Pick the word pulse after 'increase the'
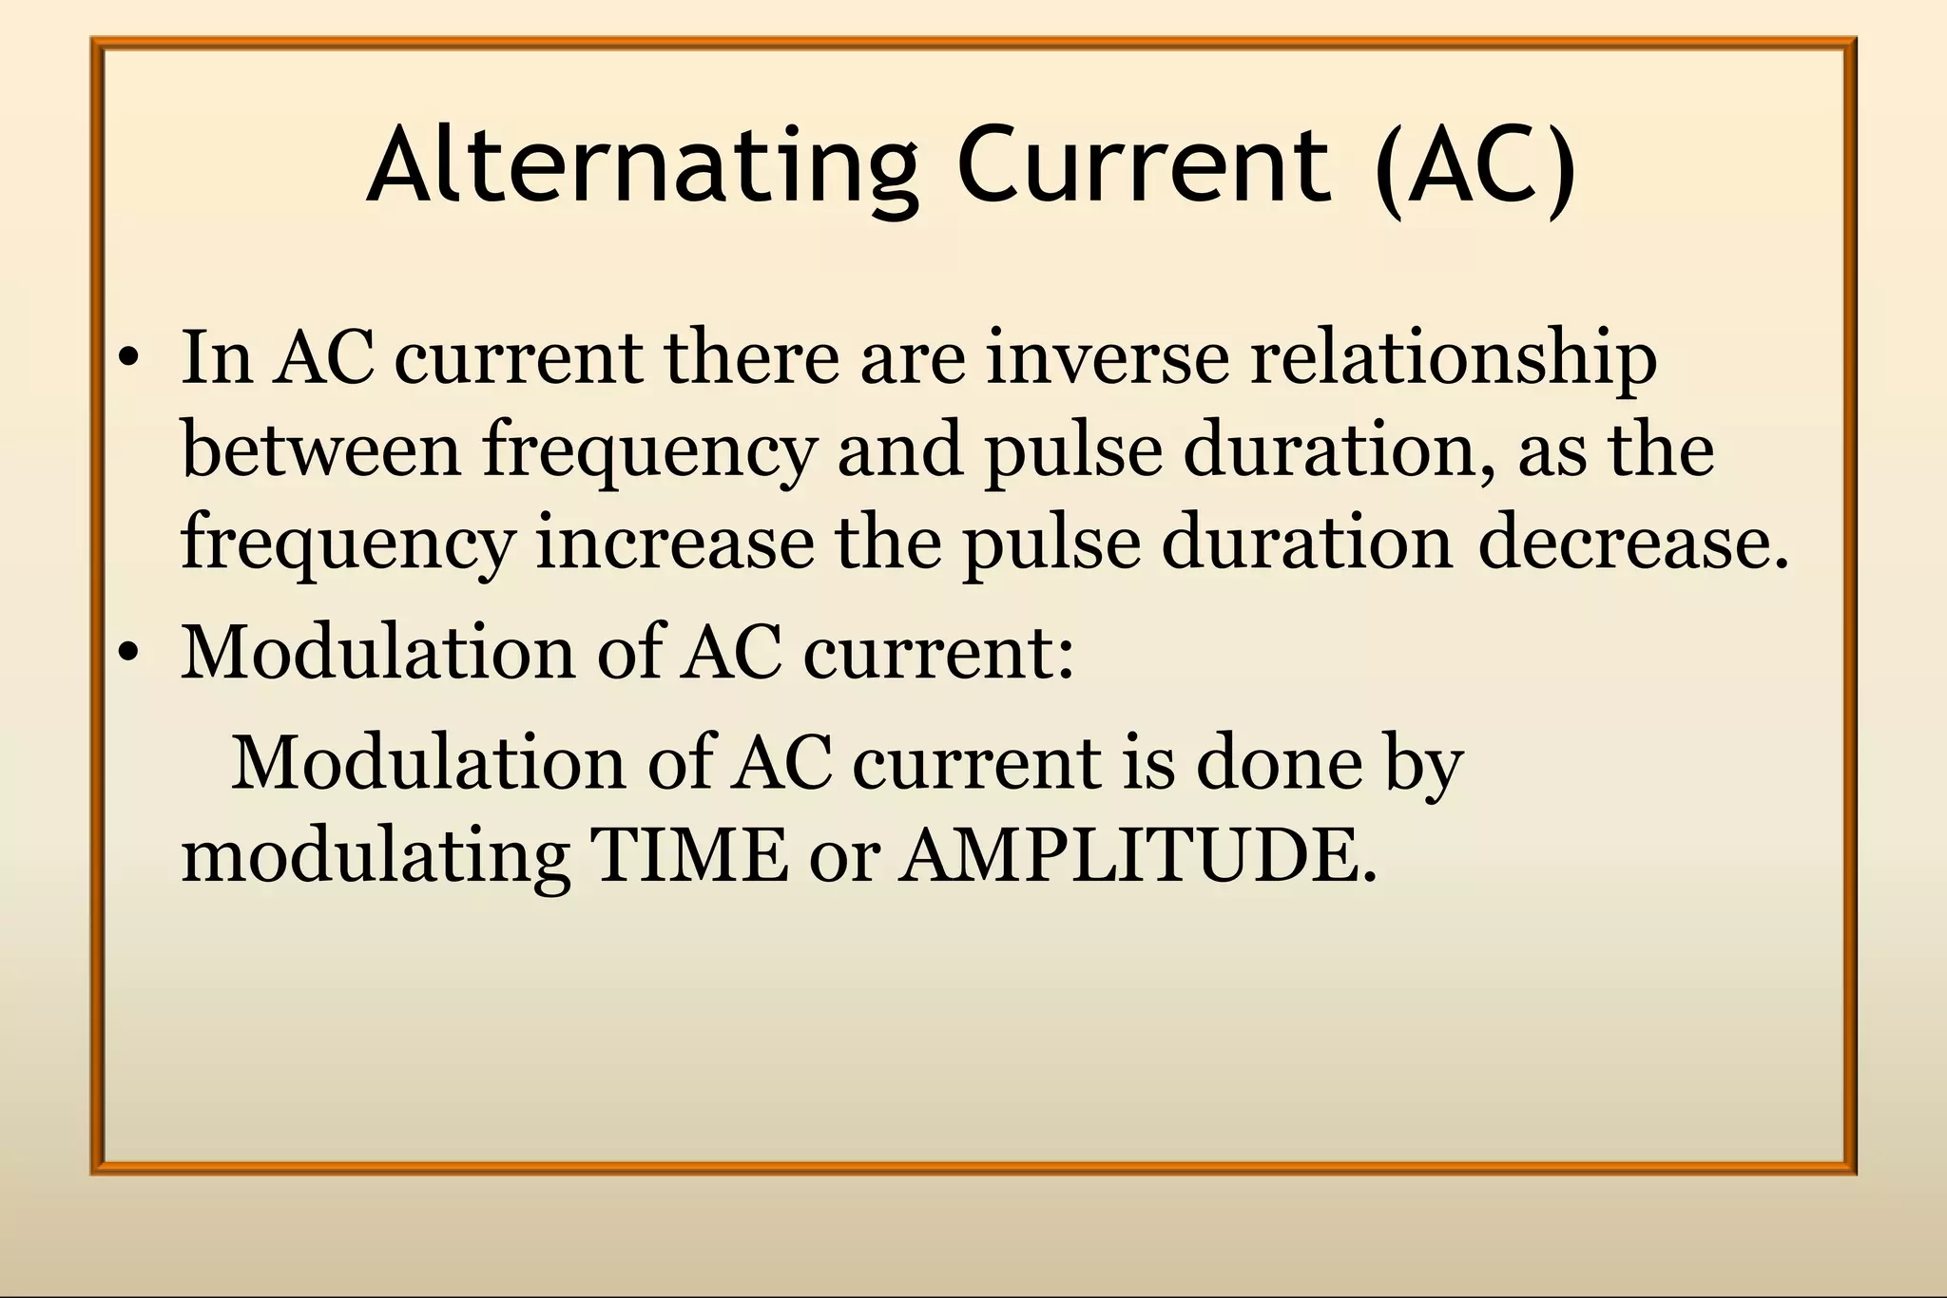point(1051,544)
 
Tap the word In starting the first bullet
point(217,358)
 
